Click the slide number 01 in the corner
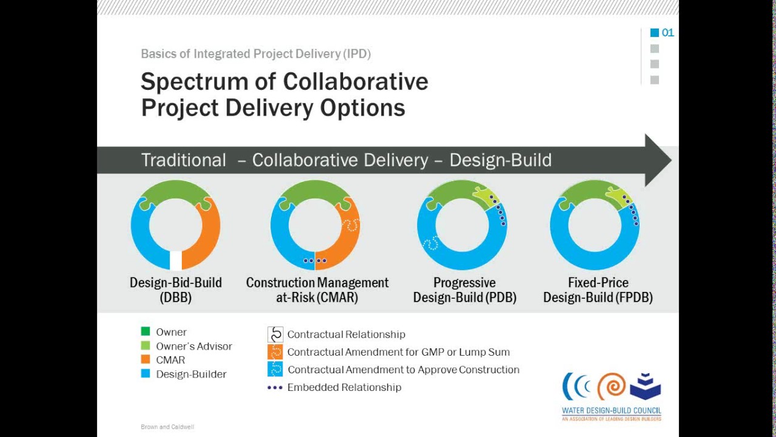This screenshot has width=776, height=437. point(667,33)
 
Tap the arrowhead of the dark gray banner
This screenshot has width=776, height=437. point(658,160)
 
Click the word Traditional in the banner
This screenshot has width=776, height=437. point(183,160)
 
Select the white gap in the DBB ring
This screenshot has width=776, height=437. point(176,260)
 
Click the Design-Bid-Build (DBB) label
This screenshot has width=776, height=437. point(176,290)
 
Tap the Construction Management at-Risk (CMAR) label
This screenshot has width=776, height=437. point(317,290)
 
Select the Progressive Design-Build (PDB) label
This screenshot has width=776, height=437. point(464,290)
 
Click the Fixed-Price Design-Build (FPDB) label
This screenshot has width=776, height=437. point(598,290)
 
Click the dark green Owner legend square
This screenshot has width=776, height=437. point(145,331)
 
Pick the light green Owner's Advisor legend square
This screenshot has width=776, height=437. point(145,346)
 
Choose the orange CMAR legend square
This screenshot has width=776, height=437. point(145,360)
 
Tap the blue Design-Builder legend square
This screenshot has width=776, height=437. point(145,374)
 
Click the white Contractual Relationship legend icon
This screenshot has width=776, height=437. point(275,334)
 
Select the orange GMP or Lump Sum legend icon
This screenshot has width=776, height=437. point(275,352)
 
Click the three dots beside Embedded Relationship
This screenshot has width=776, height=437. point(275,387)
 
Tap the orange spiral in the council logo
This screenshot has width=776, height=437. point(611,387)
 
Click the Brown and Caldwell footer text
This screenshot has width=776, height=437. point(167,427)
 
